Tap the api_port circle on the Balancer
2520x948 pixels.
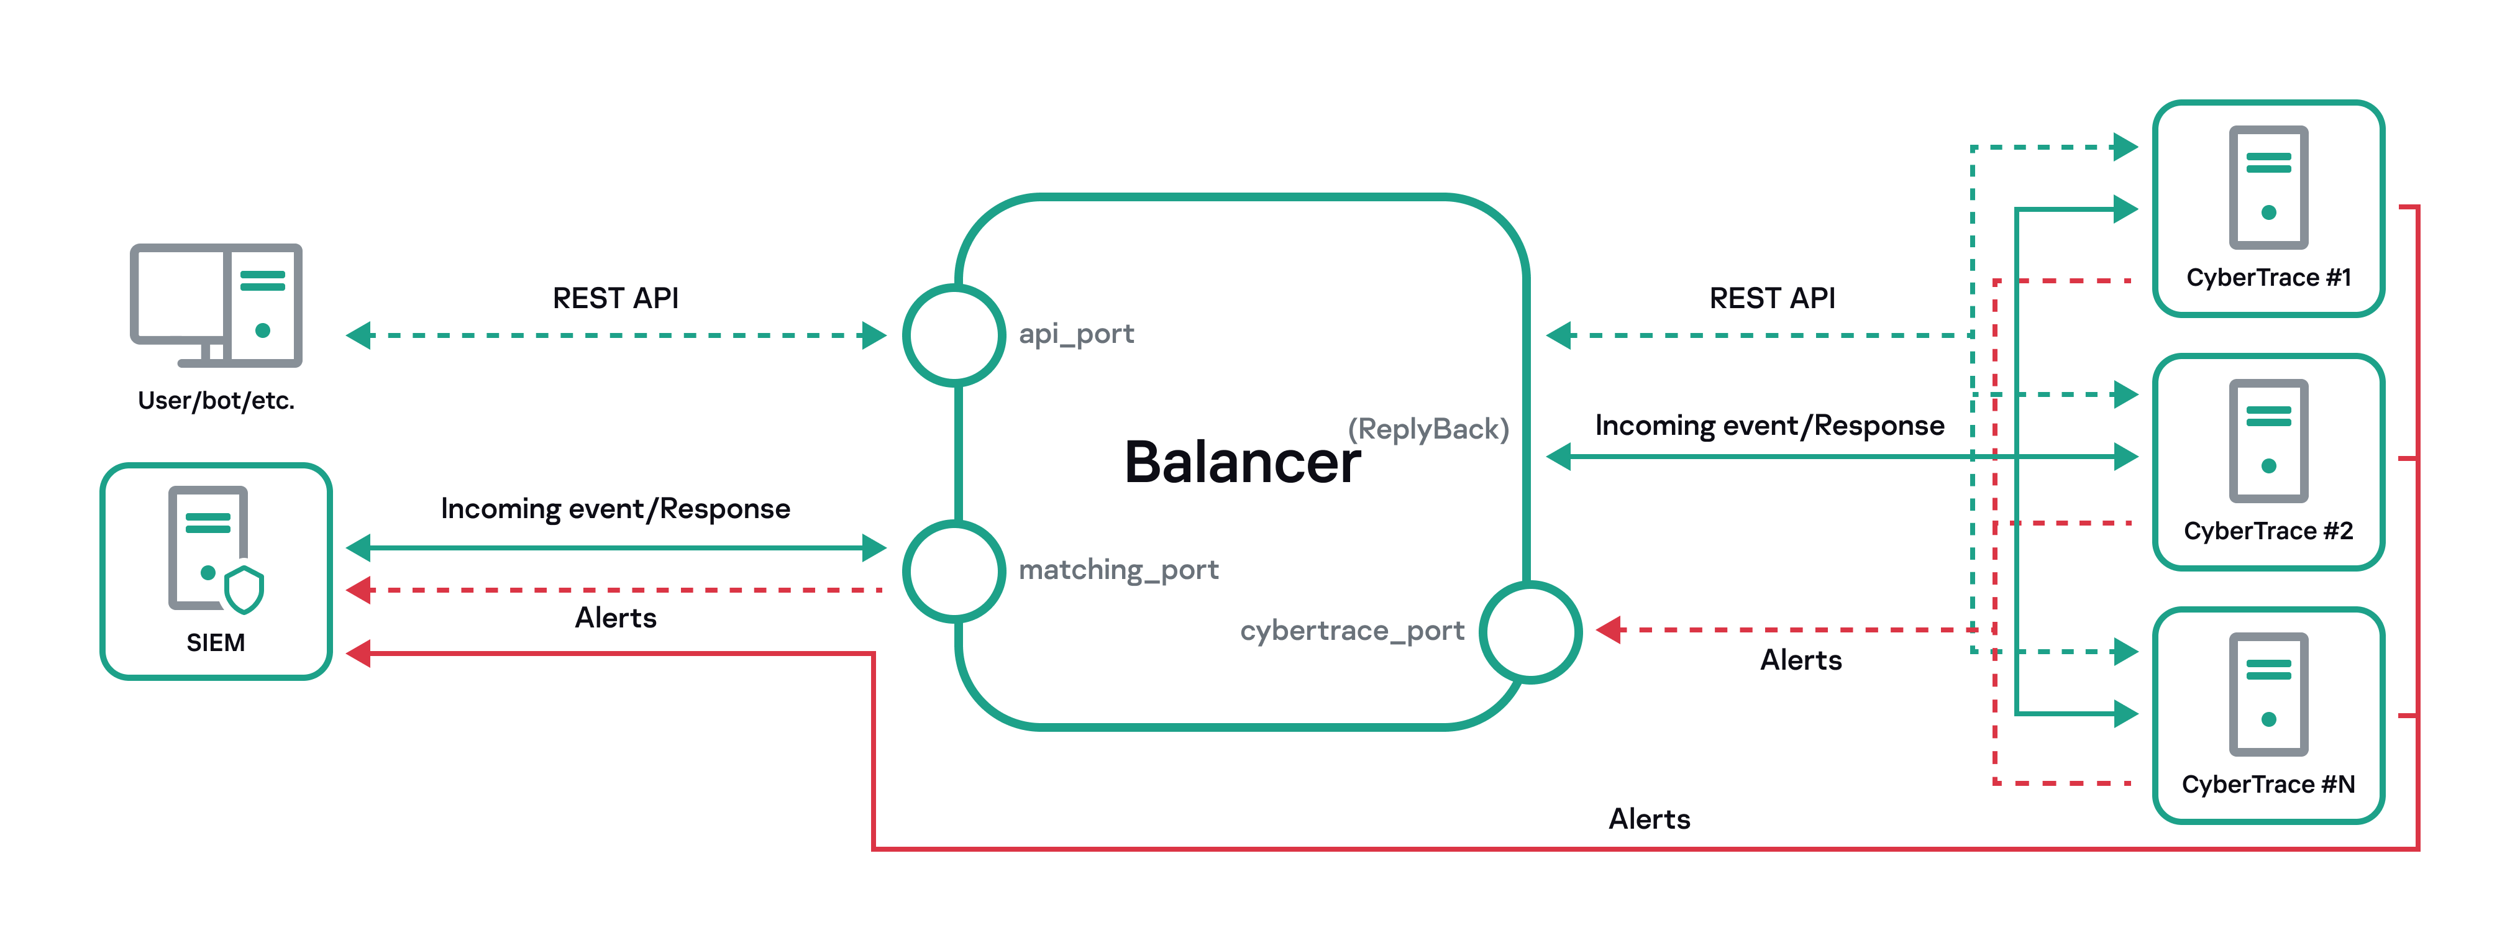click(953, 335)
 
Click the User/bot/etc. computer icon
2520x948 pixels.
click(216, 305)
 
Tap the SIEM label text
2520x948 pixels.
click(215, 643)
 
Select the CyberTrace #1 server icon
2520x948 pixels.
click(2268, 188)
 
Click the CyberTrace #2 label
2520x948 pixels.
click(2268, 531)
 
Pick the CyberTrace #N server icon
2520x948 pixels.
click(2268, 695)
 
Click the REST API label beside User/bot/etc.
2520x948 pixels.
click(615, 298)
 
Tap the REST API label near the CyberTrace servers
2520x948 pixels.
click(1771, 298)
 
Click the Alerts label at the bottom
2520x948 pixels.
click(1650, 819)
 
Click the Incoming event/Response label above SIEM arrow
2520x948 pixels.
click(615, 509)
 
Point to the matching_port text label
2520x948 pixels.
click(1118, 570)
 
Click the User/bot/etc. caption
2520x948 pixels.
click(216, 400)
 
